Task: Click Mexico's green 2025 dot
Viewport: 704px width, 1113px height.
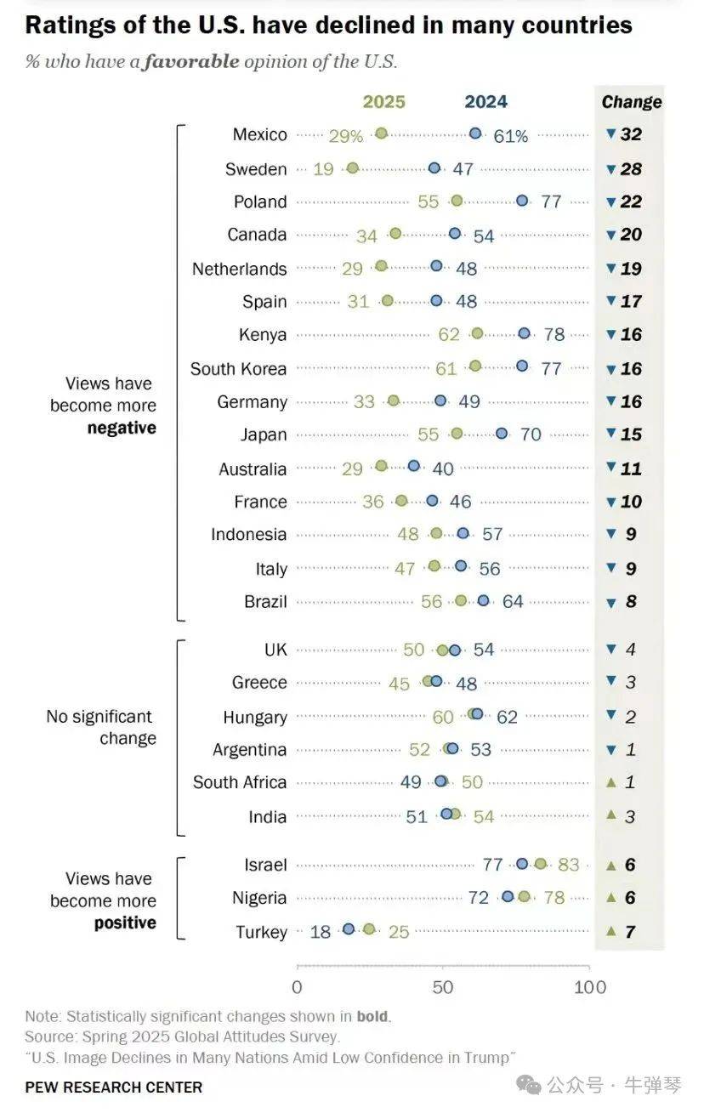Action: coord(381,133)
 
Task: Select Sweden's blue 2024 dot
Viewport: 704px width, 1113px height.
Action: coord(434,168)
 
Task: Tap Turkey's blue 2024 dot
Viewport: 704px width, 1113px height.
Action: coord(348,929)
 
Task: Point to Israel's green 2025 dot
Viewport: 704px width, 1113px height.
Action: coord(541,864)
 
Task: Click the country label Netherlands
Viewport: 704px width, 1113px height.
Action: coord(239,269)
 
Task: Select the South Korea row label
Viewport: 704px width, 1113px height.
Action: coord(238,369)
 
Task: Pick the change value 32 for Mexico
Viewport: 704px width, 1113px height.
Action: coord(631,134)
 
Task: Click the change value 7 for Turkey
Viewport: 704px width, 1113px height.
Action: coord(630,932)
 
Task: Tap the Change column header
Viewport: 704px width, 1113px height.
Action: coord(631,102)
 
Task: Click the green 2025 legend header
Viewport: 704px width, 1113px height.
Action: coord(384,102)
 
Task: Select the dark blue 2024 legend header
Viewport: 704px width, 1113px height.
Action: coord(485,102)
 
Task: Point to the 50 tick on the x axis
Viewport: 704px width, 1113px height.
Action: coord(443,987)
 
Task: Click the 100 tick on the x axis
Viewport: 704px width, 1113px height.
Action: coord(589,987)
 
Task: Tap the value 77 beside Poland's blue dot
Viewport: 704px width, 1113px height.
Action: coord(552,202)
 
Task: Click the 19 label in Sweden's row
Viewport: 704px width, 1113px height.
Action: coord(323,169)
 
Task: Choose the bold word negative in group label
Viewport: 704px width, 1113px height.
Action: coord(122,429)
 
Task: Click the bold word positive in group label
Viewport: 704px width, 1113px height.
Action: coord(125,923)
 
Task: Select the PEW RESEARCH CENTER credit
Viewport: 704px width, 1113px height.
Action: coord(114,1087)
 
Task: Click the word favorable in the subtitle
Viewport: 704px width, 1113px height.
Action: coord(191,62)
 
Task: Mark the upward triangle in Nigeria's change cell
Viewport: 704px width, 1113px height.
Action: coord(610,898)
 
